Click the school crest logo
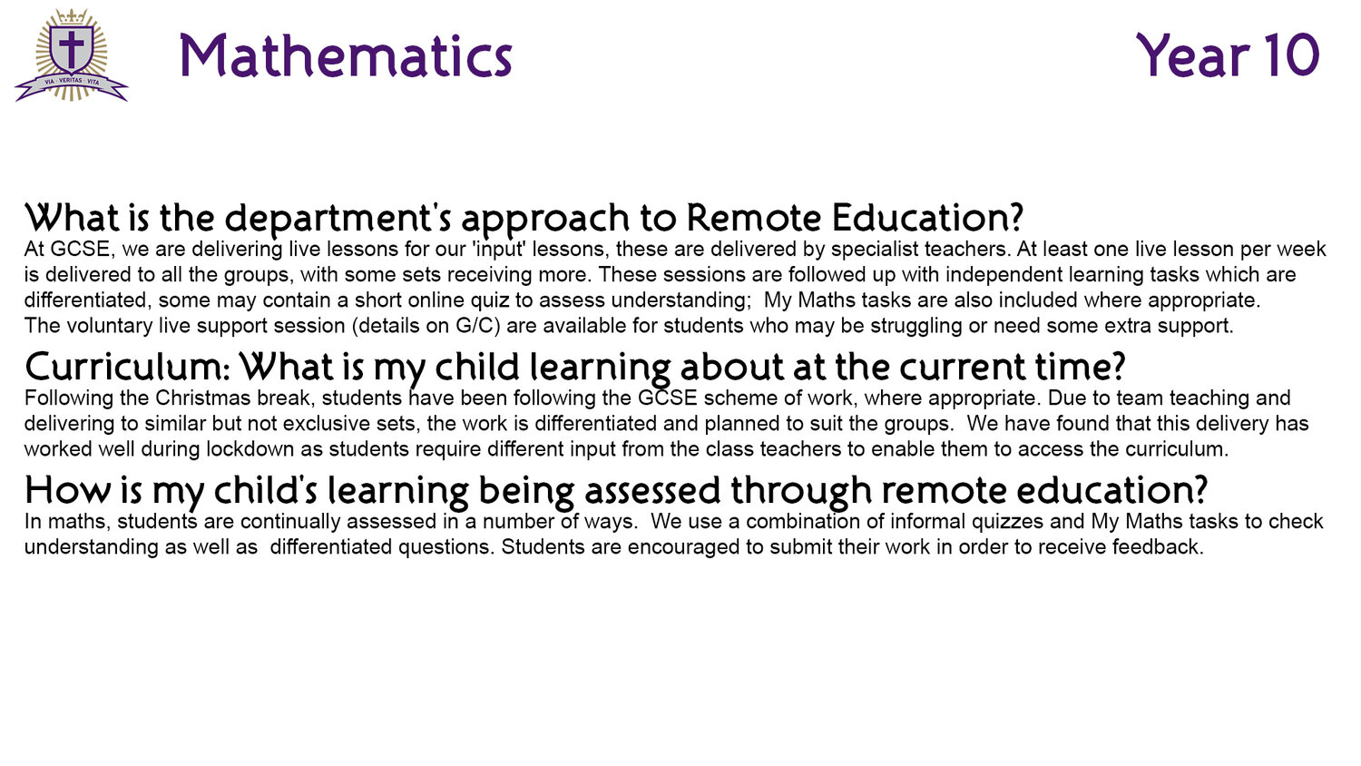click(x=72, y=54)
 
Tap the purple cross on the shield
click(x=71, y=48)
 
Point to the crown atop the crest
click(x=71, y=16)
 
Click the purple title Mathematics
click(x=346, y=55)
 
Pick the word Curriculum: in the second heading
click(x=128, y=367)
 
